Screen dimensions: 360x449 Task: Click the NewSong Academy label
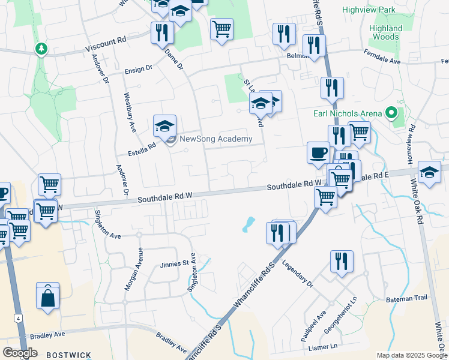[216, 139]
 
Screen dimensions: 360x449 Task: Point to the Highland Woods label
[386, 32]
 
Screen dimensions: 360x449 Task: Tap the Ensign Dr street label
[138, 70]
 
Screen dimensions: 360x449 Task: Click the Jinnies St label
[174, 263]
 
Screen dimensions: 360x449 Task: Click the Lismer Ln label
[325, 347]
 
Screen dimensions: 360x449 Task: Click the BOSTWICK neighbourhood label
[68, 355]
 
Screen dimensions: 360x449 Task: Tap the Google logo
[20, 353]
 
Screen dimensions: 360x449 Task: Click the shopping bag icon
[48, 296]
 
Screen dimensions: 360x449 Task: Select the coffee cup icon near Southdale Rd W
[318, 152]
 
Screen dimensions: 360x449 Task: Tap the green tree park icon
[41, 48]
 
